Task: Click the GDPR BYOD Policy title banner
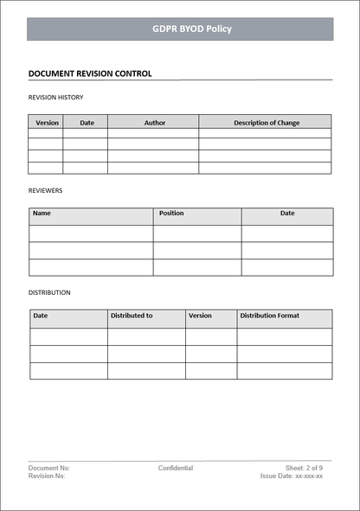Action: (x=180, y=29)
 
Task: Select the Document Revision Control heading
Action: (x=90, y=73)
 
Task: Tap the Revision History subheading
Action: (x=56, y=98)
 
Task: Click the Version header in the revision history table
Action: (x=47, y=123)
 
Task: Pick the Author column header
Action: (x=155, y=123)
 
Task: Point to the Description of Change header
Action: (x=267, y=123)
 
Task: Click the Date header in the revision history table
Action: (x=87, y=123)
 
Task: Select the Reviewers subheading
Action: (x=46, y=190)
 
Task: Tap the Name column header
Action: (x=42, y=213)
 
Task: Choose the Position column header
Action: (x=171, y=213)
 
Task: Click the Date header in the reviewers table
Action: (x=287, y=213)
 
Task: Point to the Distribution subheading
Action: (x=49, y=292)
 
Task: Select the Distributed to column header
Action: (x=132, y=316)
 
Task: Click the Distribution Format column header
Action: (x=270, y=316)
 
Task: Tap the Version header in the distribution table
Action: (x=200, y=316)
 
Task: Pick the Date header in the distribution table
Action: (x=41, y=316)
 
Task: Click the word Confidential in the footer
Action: (x=176, y=468)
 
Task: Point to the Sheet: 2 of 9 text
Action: (x=304, y=468)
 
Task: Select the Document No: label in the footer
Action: (x=49, y=468)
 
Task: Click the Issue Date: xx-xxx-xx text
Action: (x=292, y=476)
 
